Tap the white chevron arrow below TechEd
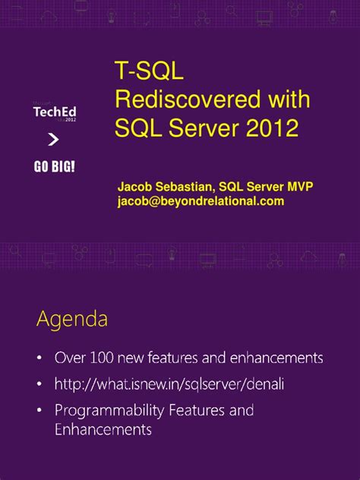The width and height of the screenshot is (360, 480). tap(53, 139)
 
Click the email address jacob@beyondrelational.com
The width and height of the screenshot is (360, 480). tap(201, 201)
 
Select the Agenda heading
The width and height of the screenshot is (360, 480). tap(71, 320)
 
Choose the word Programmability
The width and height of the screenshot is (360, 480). tap(109, 411)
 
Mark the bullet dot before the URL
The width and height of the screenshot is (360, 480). tap(39, 384)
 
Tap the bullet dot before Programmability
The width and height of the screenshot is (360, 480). tap(39, 411)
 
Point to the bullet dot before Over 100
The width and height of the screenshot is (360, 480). tap(39, 357)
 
